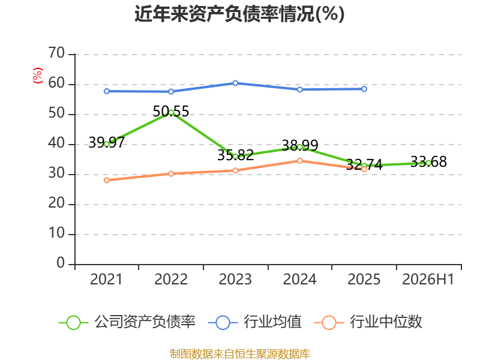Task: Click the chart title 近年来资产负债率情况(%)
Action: click(239, 14)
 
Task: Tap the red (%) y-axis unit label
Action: click(37, 76)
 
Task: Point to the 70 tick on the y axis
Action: click(56, 53)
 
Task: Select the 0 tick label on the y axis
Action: click(61, 263)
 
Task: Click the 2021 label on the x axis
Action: click(106, 279)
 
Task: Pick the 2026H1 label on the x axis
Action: click(428, 279)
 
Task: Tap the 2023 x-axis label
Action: click(235, 279)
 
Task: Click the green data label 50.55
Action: click(171, 112)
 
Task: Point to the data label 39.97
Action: click(107, 142)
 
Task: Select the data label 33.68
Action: click(428, 161)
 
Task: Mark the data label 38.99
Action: click(299, 145)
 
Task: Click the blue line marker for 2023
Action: click(235, 83)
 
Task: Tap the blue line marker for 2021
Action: click(107, 91)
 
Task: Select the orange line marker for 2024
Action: click(299, 161)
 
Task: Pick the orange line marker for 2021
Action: click(107, 181)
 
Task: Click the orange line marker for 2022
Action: click(171, 174)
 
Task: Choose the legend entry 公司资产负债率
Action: click(127, 322)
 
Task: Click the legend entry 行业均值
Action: click(254, 322)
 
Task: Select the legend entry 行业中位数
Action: click(368, 322)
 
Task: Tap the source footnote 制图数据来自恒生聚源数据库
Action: click(239, 354)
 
